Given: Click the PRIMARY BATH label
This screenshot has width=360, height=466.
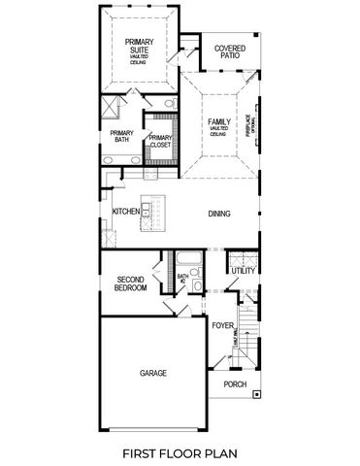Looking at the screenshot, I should [121, 138].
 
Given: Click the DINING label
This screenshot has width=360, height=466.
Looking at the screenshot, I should [218, 215].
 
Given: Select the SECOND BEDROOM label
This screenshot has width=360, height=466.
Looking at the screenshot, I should [131, 283].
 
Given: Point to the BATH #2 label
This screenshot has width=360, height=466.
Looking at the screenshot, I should [181, 278].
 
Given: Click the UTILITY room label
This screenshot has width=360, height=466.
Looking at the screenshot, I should [244, 271].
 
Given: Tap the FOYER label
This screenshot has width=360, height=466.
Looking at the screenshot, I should [223, 326].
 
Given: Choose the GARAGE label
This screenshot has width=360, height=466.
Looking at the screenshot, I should [152, 373].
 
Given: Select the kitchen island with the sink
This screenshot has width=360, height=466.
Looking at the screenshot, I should [149, 215].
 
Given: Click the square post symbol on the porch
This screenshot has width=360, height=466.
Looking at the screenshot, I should [257, 394].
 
